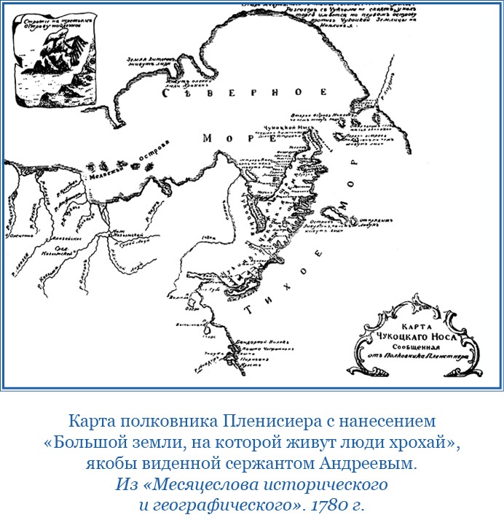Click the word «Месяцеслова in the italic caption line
[185, 482]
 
